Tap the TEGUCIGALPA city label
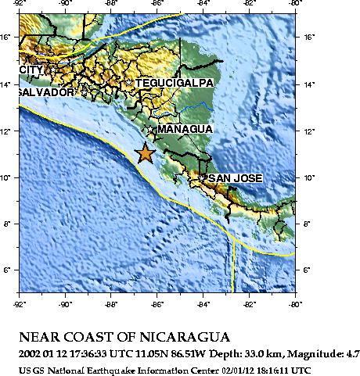(175, 83)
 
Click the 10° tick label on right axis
(310, 177)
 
